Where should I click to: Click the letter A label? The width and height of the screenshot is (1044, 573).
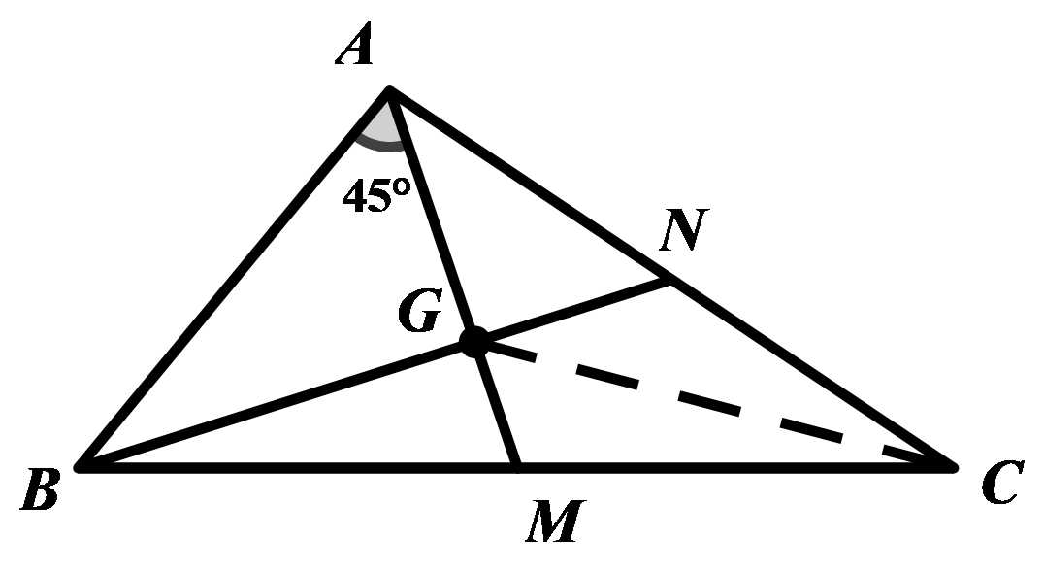(356, 47)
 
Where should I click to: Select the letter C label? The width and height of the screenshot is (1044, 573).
(998, 485)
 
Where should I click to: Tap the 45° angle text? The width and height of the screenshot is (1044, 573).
(377, 197)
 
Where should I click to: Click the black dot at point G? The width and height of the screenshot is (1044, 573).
(474, 342)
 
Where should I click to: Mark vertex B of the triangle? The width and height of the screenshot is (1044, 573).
(82, 467)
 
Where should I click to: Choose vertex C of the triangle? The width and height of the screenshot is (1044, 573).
(953, 467)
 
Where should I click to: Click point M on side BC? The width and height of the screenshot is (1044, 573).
(517, 467)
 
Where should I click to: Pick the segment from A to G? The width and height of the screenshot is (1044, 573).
(432, 216)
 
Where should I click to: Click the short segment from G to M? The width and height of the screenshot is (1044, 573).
(496, 405)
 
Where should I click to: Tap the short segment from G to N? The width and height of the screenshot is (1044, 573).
(572, 312)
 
